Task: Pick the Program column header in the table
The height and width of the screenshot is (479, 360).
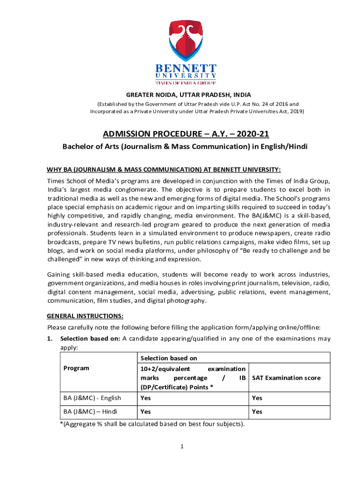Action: coord(76,368)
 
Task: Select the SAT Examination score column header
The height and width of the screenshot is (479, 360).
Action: coord(286,377)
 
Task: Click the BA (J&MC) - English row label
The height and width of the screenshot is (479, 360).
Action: coord(92,398)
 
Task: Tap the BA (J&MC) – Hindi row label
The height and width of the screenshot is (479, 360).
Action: coord(90,412)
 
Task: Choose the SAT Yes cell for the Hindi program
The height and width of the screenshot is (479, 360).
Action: coord(257,412)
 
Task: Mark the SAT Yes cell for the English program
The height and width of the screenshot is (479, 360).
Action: coord(257,398)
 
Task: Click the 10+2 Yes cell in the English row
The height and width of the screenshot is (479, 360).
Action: coord(145,398)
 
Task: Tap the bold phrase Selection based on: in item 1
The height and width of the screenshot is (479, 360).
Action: coord(90,339)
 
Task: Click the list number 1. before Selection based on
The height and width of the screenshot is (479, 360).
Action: coord(50,339)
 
